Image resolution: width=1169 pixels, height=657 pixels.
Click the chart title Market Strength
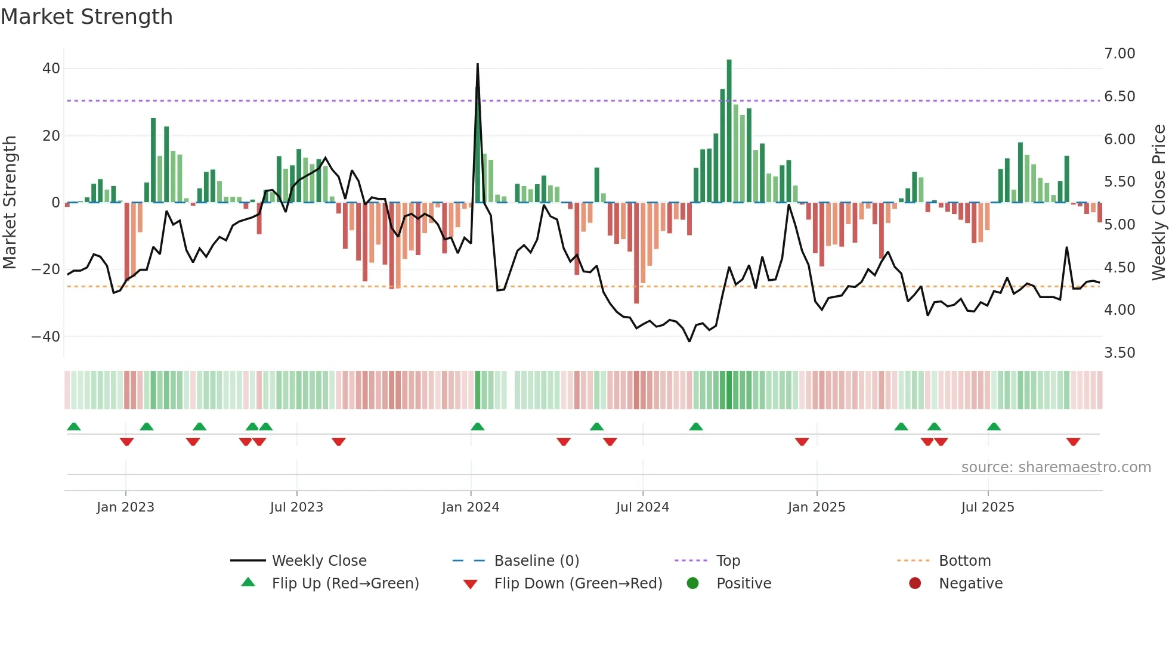click(86, 17)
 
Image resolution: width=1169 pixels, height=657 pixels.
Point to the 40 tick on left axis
click(51, 69)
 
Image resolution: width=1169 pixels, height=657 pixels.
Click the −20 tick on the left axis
click(46, 269)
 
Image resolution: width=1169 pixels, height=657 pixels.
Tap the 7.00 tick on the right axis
click(1119, 54)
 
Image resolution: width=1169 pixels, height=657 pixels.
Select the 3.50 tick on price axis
click(1119, 353)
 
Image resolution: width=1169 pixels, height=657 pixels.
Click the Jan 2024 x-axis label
click(471, 507)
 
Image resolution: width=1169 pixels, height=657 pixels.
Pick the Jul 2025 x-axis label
click(988, 507)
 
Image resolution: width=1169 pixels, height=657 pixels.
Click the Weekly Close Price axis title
click(1158, 203)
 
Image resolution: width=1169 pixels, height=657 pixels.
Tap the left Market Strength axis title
click(10, 203)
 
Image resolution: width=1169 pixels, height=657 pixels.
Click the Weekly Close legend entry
click(319, 561)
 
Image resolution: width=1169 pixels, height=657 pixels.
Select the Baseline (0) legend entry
click(536, 561)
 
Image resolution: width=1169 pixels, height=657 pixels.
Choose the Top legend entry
click(728, 561)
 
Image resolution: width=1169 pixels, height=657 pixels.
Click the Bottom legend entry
click(964, 561)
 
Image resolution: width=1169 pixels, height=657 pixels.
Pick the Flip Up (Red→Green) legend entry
click(345, 584)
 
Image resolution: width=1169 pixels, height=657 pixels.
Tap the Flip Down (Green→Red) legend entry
click(578, 584)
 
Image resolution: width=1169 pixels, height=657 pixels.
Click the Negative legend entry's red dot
click(915, 583)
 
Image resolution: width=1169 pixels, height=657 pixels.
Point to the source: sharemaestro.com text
click(1056, 467)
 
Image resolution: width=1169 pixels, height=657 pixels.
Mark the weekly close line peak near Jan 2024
click(478, 64)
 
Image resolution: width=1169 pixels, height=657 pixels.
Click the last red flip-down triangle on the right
click(1073, 442)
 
